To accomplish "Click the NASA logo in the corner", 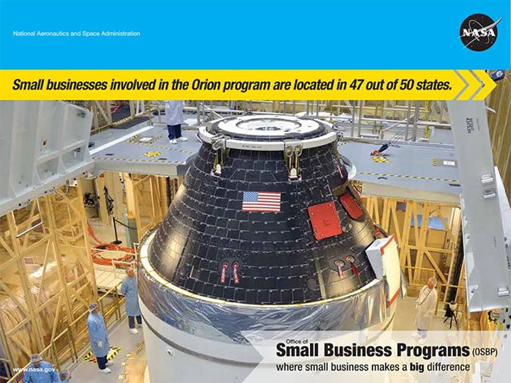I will point(480,33).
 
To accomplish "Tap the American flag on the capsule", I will point(261,201).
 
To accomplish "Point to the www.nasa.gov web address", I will point(33,370).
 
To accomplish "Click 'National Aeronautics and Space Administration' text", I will point(77,33).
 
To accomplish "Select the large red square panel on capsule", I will point(324,220).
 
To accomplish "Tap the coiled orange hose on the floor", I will point(114,252).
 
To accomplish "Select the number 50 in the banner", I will point(408,86).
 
